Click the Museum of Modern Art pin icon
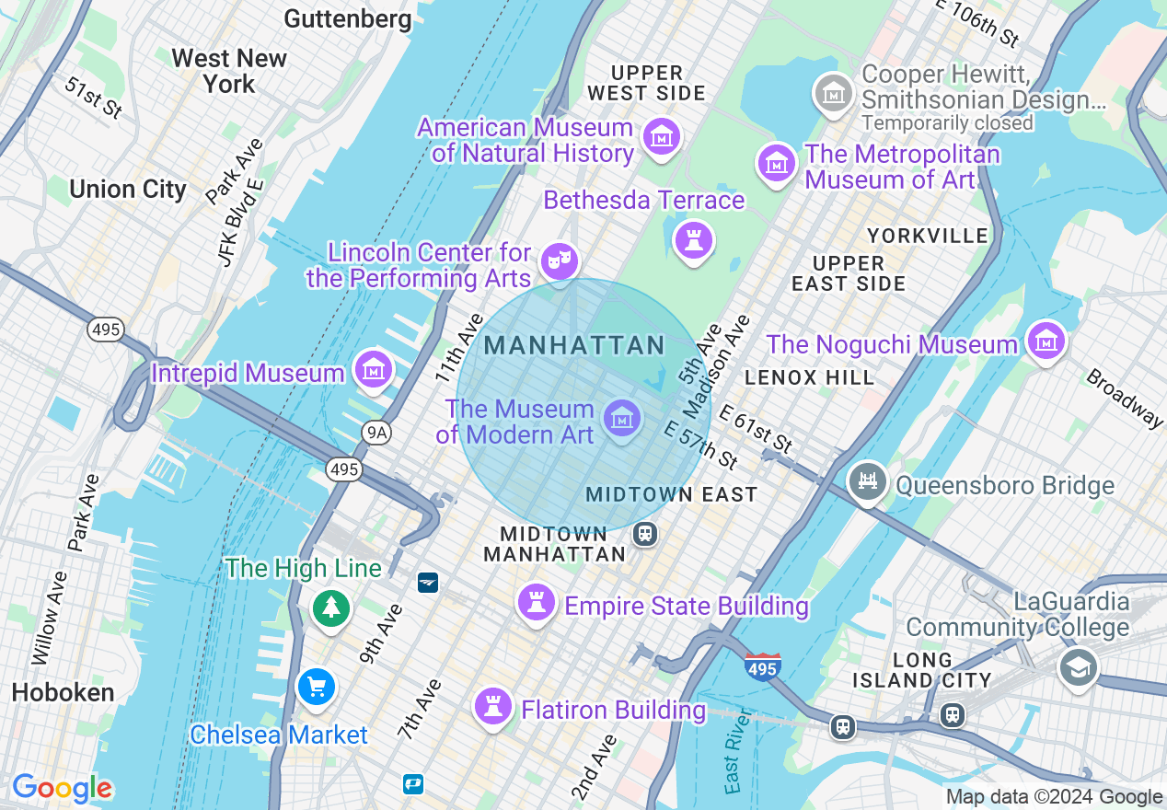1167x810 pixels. tap(622, 419)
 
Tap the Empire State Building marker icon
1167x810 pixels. tap(536, 603)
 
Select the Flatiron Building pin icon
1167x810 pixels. tap(492, 707)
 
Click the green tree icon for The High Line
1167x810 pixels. tap(330, 607)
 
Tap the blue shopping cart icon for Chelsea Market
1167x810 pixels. tap(317, 688)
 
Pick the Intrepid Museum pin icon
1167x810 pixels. tap(373, 370)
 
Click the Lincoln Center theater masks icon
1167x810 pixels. tap(559, 261)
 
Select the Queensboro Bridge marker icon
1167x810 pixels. tap(867, 481)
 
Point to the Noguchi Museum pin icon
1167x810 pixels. tap(1046, 341)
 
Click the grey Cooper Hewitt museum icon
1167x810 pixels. tap(833, 92)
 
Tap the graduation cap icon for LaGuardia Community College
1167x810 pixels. tap(1077, 666)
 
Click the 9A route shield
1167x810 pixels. tap(376, 432)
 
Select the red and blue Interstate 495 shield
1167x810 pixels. tap(762, 666)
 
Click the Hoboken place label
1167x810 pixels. tap(64, 693)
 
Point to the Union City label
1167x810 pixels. tap(128, 190)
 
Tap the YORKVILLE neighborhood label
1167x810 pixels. tap(928, 236)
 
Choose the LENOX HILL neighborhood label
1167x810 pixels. tap(810, 377)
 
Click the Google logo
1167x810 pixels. tap(62, 788)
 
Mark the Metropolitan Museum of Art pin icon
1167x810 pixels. tap(776, 163)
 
